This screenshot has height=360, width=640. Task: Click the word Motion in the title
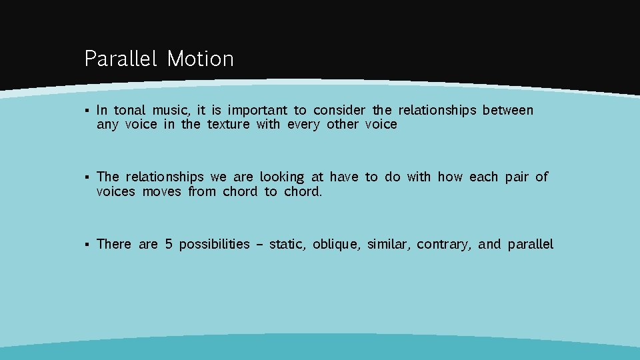coord(200,59)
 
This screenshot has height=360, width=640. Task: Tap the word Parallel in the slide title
coord(120,59)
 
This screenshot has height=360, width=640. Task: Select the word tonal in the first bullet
coord(129,110)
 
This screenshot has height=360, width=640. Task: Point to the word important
coord(258,111)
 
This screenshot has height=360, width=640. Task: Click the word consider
coord(339,110)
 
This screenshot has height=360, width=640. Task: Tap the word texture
coord(228,125)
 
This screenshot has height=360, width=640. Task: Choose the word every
coord(303,125)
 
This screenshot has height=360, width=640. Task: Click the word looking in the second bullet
coord(281,177)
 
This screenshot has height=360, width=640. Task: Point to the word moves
coord(161,192)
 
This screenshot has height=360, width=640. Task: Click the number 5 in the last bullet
coord(169,244)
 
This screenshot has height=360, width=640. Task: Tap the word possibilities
coord(214,245)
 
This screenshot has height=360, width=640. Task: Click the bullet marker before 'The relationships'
coord(87,177)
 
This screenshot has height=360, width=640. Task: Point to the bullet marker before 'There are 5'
coord(87,245)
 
